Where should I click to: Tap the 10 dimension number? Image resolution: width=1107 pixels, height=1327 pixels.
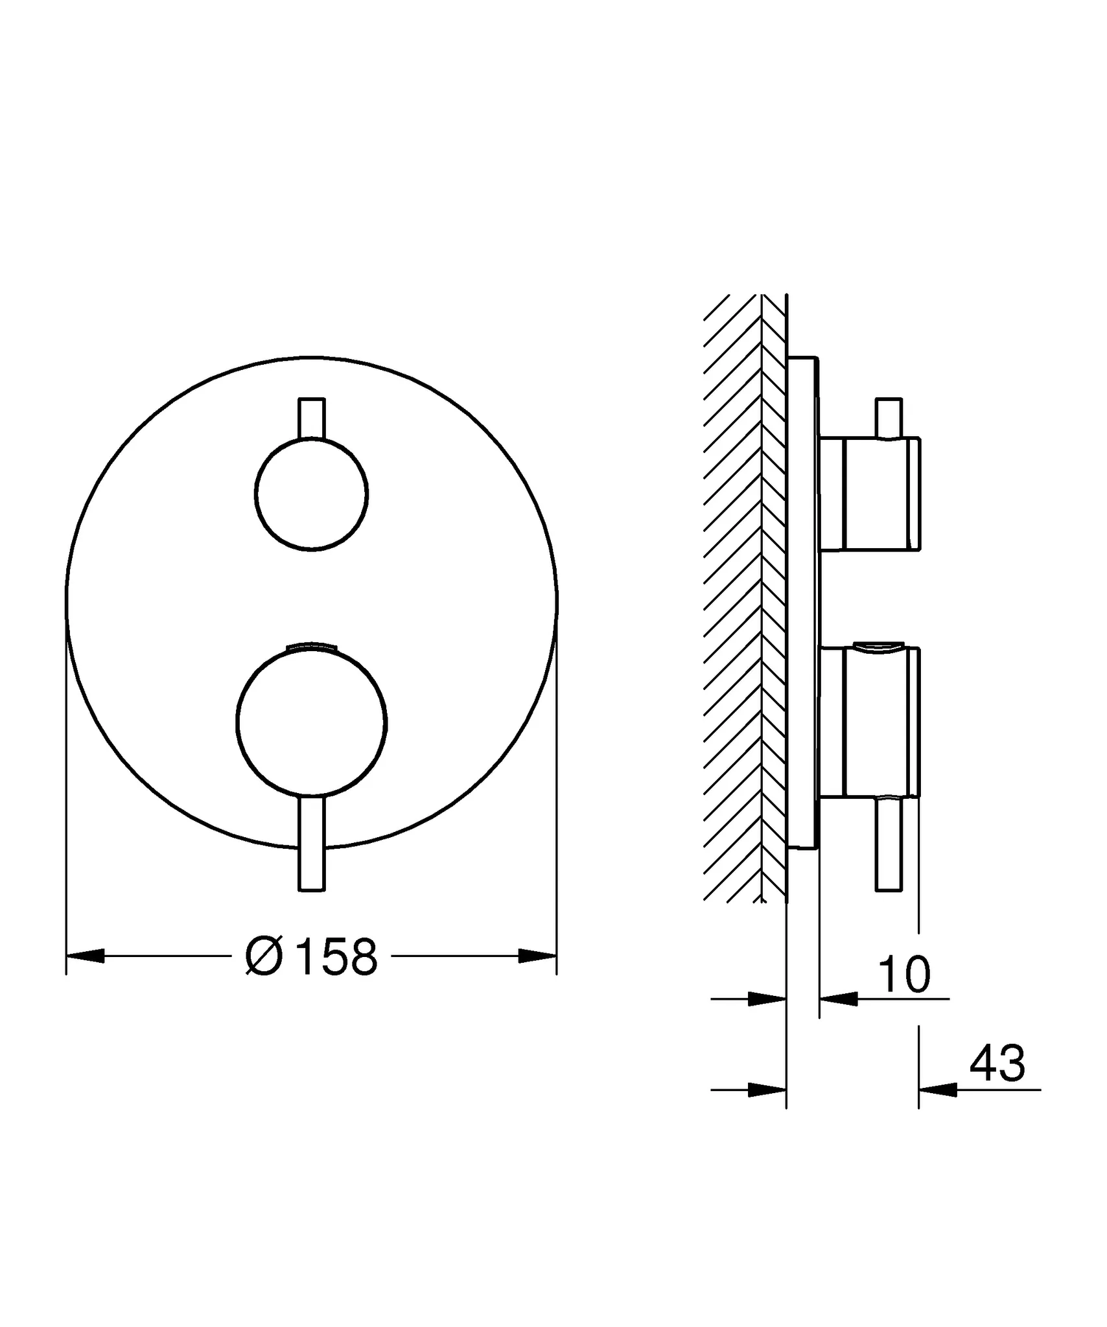pos(905,975)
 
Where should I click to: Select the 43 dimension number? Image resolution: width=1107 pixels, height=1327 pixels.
pos(997,1063)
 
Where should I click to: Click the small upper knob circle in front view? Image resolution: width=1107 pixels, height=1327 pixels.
pos(312,494)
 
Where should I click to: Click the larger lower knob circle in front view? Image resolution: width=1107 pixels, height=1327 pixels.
pos(312,722)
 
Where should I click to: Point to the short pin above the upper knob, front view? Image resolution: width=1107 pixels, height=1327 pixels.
pos(312,418)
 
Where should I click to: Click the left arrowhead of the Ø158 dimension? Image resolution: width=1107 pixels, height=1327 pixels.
pos(86,956)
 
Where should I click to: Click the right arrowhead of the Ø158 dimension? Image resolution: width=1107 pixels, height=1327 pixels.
pos(537,956)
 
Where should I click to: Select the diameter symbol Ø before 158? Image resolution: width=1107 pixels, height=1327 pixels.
pos(264,956)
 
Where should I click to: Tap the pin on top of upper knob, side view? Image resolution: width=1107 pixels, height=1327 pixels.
pos(889,418)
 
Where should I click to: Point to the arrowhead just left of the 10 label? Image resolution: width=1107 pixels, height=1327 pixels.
pos(839,999)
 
